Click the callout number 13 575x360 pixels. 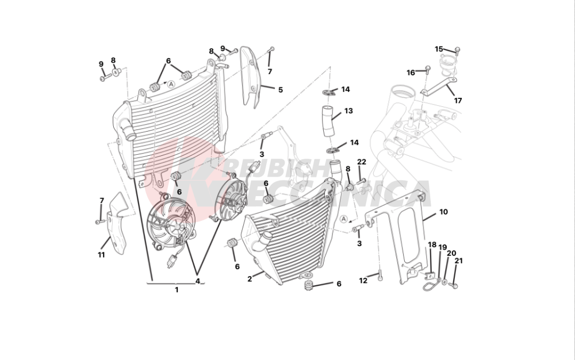(348, 110)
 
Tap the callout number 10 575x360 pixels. (443, 212)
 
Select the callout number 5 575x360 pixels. (281, 90)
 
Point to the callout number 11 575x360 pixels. (101, 254)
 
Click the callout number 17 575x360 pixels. (458, 100)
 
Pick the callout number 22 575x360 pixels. (362, 162)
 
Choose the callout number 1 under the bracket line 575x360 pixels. (177, 290)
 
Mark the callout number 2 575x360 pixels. (250, 279)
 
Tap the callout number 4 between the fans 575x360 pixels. (197, 281)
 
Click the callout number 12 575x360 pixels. (363, 281)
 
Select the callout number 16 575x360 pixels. (411, 72)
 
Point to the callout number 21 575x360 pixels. (458, 261)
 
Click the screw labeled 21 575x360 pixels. (454, 285)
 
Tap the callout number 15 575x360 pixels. (438, 49)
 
